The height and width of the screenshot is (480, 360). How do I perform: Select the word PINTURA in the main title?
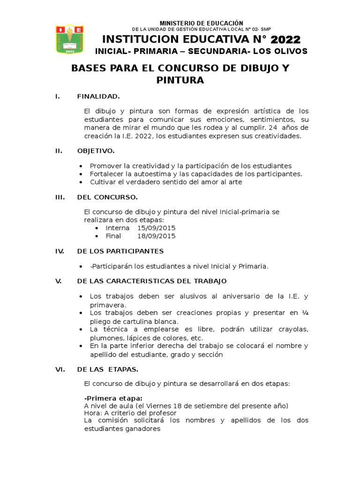[180, 80]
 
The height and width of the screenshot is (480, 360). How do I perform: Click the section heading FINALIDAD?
[98, 97]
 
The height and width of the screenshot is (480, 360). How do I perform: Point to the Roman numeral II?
[59, 151]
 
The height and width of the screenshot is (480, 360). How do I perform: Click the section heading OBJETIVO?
[96, 151]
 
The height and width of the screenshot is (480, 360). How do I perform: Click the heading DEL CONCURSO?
[107, 197]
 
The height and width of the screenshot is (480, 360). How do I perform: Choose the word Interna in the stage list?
[118, 228]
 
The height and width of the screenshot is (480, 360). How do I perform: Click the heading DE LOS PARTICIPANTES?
[120, 251]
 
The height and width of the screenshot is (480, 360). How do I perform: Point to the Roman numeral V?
[59, 281]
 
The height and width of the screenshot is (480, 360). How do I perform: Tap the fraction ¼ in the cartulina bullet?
[305, 313]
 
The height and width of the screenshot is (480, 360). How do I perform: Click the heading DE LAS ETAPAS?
[108, 369]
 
